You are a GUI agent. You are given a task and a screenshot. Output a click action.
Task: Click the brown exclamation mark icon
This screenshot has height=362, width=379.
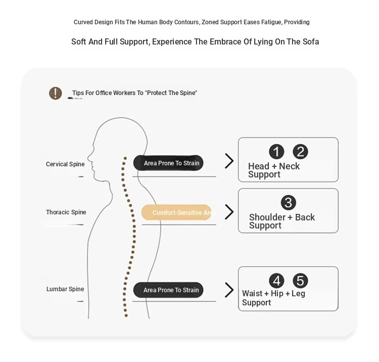(x=56, y=93)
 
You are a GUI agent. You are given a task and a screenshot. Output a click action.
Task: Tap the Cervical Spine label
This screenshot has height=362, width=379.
(x=65, y=164)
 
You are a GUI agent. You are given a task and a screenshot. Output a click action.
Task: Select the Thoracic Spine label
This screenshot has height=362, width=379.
(x=66, y=212)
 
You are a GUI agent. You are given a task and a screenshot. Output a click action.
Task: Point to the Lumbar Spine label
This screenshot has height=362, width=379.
(x=65, y=289)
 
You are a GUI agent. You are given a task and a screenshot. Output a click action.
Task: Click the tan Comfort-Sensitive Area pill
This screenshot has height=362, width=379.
(x=176, y=212)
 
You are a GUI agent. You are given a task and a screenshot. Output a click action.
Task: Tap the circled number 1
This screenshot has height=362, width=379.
(x=276, y=152)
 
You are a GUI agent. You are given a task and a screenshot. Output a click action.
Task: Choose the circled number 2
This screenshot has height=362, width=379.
(x=300, y=152)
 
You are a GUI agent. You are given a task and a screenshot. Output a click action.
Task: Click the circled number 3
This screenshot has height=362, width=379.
(x=289, y=203)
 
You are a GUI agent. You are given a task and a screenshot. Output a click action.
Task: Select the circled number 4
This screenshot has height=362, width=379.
(x=276, y=281)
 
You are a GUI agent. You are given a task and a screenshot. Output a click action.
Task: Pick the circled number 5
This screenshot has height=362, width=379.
(x=300, y=281)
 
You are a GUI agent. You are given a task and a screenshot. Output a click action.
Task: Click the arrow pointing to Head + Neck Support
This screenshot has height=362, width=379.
(x=229, y=161)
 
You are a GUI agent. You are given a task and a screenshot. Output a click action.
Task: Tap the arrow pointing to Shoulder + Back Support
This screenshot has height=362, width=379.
(x=229, y=212)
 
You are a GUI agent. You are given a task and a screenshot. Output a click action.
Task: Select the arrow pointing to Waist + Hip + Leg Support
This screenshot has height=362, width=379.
(x=229, y=290)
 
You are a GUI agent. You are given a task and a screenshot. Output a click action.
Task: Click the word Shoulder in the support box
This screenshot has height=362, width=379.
(x=267, y=217)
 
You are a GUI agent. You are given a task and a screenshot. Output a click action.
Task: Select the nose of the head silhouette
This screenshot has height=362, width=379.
(x=88, y=158)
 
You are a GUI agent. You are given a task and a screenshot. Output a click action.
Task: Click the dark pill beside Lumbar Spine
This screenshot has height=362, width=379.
(x=168, y=290)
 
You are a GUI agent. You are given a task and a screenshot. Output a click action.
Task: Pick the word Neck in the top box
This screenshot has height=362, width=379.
(x=290, y=166)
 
